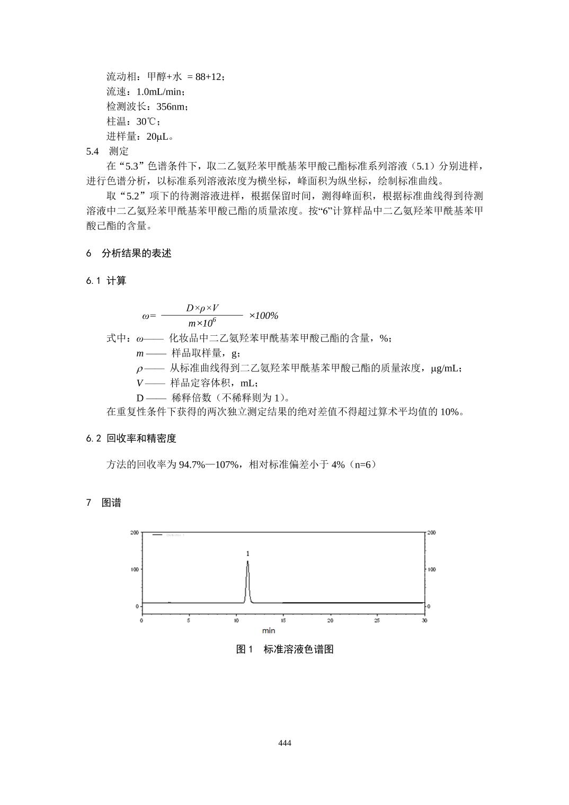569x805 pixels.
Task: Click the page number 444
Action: point(284,743)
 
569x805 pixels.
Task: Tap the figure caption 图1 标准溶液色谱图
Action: point(284,649)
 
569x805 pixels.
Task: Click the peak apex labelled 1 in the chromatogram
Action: point(247,562)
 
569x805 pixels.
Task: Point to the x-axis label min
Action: point(269,630)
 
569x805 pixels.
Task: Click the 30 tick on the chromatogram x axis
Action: point(424,620)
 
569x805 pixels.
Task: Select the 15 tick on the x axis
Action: point(283,620)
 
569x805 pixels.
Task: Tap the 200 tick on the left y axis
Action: point(135,532)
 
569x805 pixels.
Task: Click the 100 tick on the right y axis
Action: point(432,569)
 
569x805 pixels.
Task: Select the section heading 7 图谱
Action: point(104,503)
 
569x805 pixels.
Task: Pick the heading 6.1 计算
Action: point(106,281)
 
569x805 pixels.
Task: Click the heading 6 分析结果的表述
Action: point(129,253)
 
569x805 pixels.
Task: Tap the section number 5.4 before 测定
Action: point(92,151)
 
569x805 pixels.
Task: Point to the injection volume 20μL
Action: point(158,136)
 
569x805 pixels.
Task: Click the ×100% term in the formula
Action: point(263,316)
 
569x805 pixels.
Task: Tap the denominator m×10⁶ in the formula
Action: point(202,323)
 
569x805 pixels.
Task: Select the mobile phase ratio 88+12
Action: point(208,77)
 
